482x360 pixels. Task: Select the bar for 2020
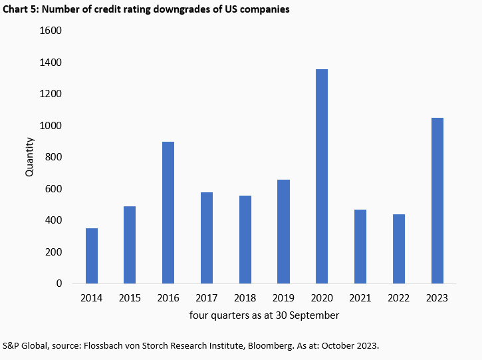[321, 176]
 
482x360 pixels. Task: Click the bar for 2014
[92, 256]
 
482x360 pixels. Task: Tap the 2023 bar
[437, 200]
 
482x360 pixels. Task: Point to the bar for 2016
[168, 213]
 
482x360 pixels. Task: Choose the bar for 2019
[283, 232]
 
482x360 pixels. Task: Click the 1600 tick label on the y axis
[51, 31]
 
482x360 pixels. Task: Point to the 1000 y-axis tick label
[51, 126]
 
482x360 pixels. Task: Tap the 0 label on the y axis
[59, 283]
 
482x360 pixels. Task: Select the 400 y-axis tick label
[53, 220]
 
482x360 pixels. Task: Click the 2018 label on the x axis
[245, 298]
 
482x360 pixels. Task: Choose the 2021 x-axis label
[360, 298]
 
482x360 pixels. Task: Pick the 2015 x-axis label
[130, 298]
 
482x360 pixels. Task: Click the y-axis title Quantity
[29, 157]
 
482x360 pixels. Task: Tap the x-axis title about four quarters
[265, 315]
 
